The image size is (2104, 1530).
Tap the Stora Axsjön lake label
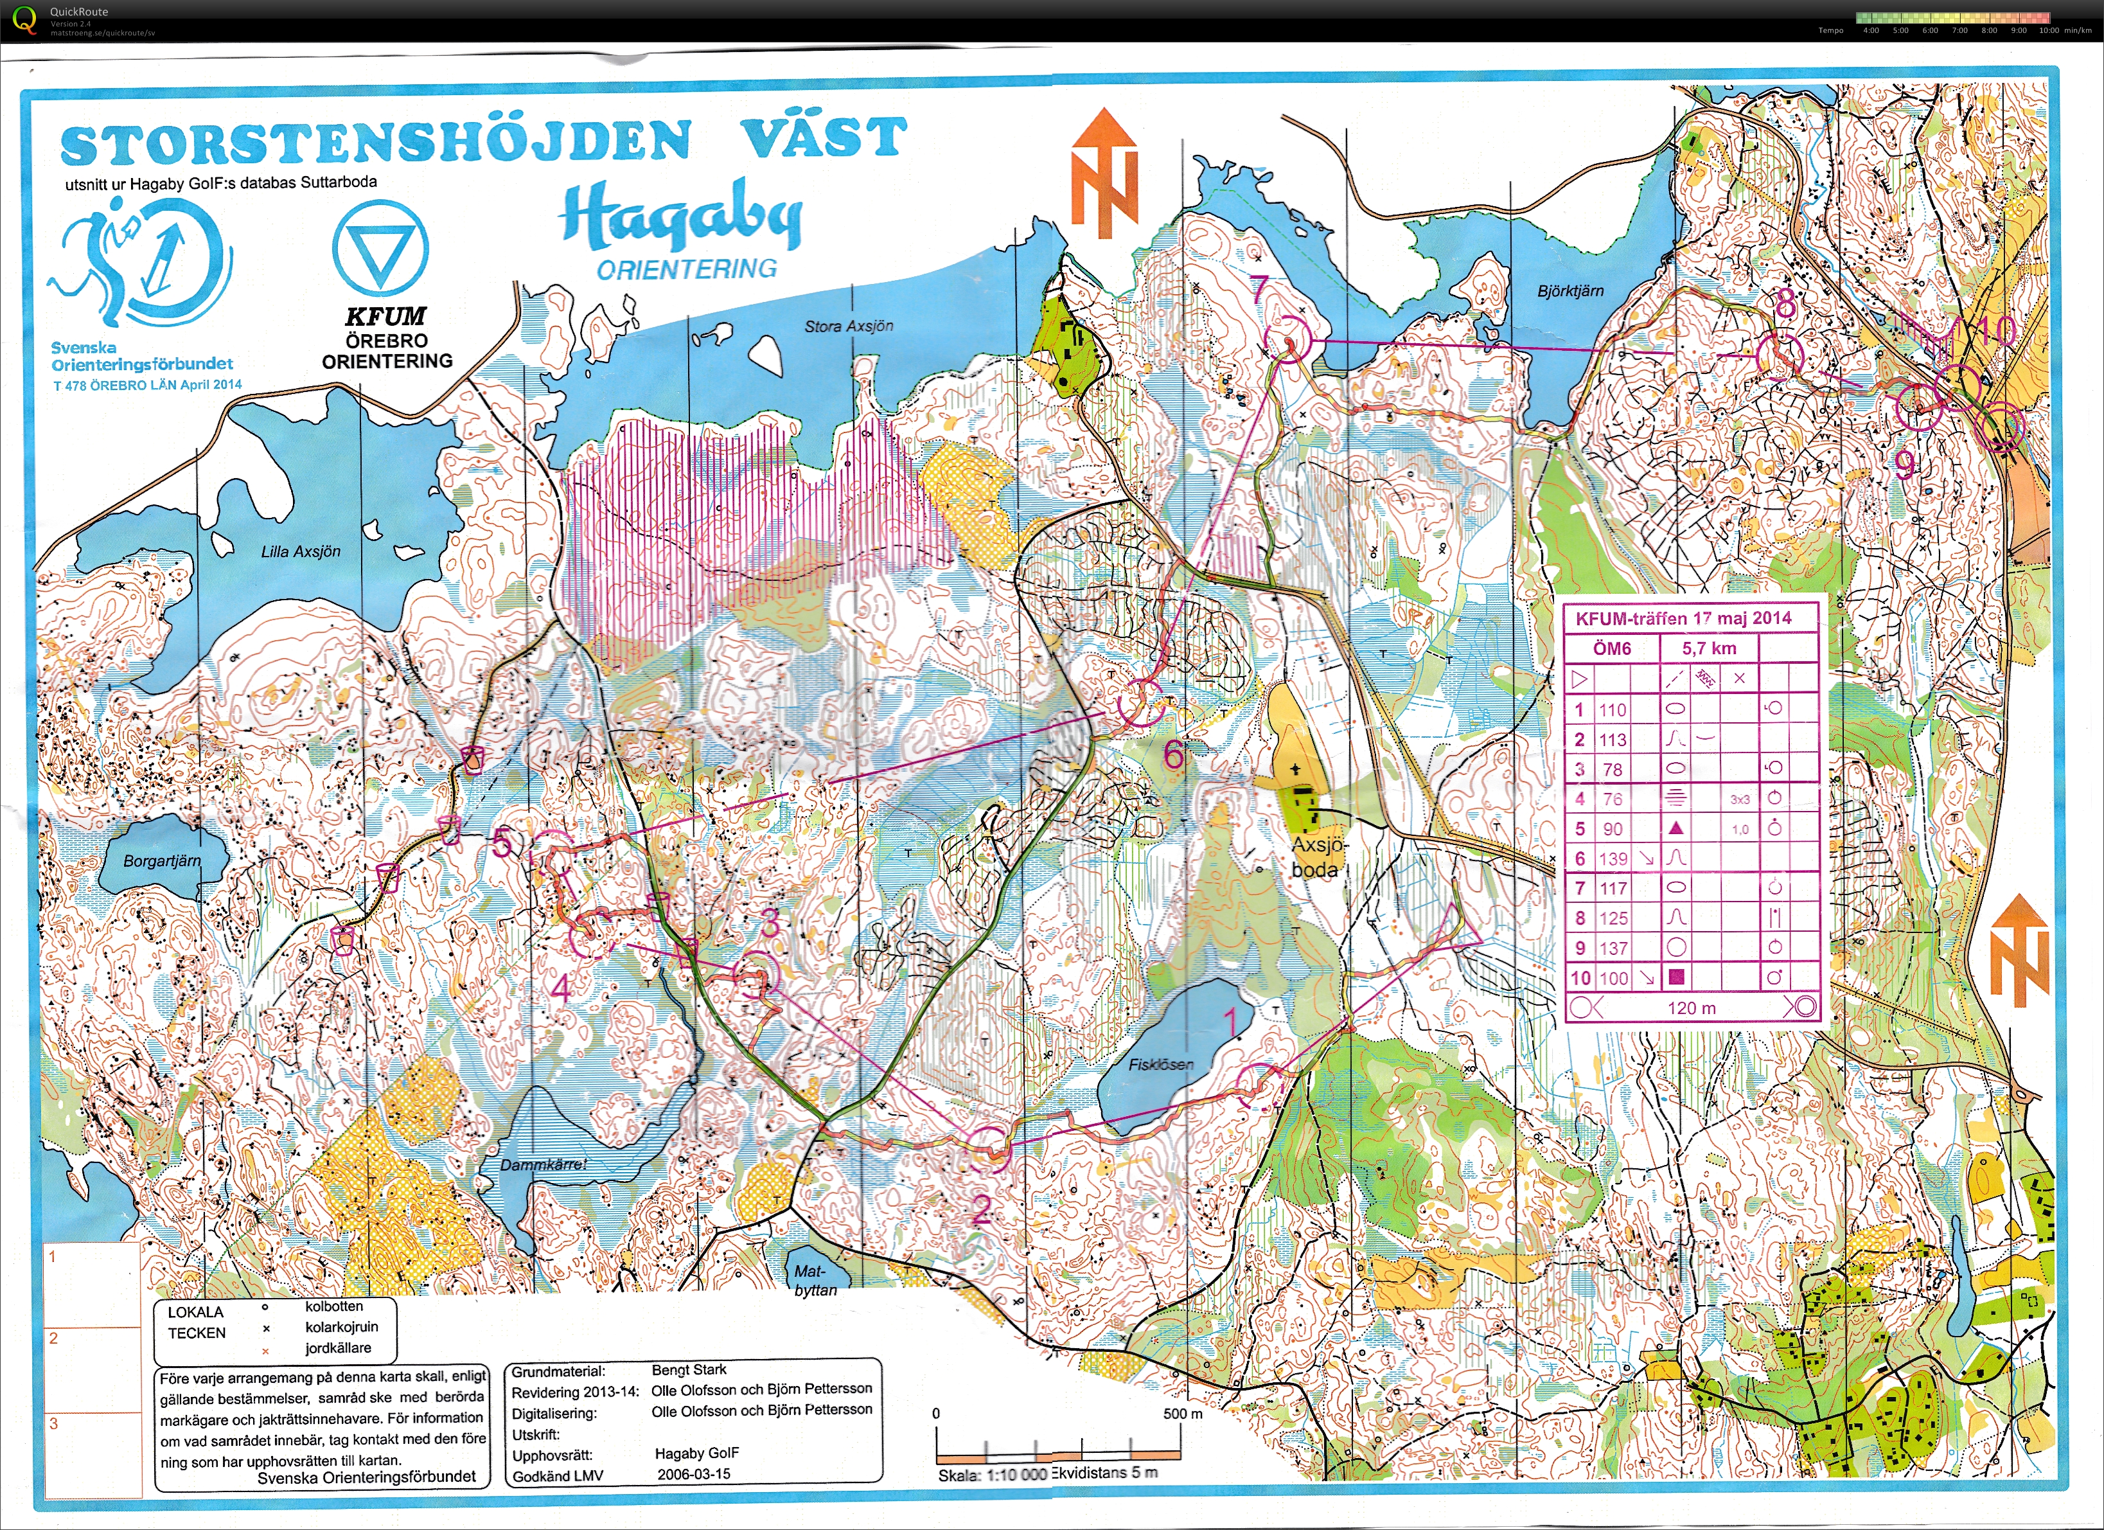click(848, 326)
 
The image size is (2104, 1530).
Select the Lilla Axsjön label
click(301, 552)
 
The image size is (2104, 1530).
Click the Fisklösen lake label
click(1160, 1064)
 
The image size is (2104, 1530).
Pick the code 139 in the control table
click(1613, 858)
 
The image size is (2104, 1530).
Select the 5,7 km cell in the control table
click(1709, 648)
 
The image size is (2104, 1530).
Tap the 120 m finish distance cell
click(1690, 1008)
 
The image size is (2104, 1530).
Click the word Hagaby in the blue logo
click(680, 218)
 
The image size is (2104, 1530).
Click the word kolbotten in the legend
click(334, 1306)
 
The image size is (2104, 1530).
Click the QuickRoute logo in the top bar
click(25, 19)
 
